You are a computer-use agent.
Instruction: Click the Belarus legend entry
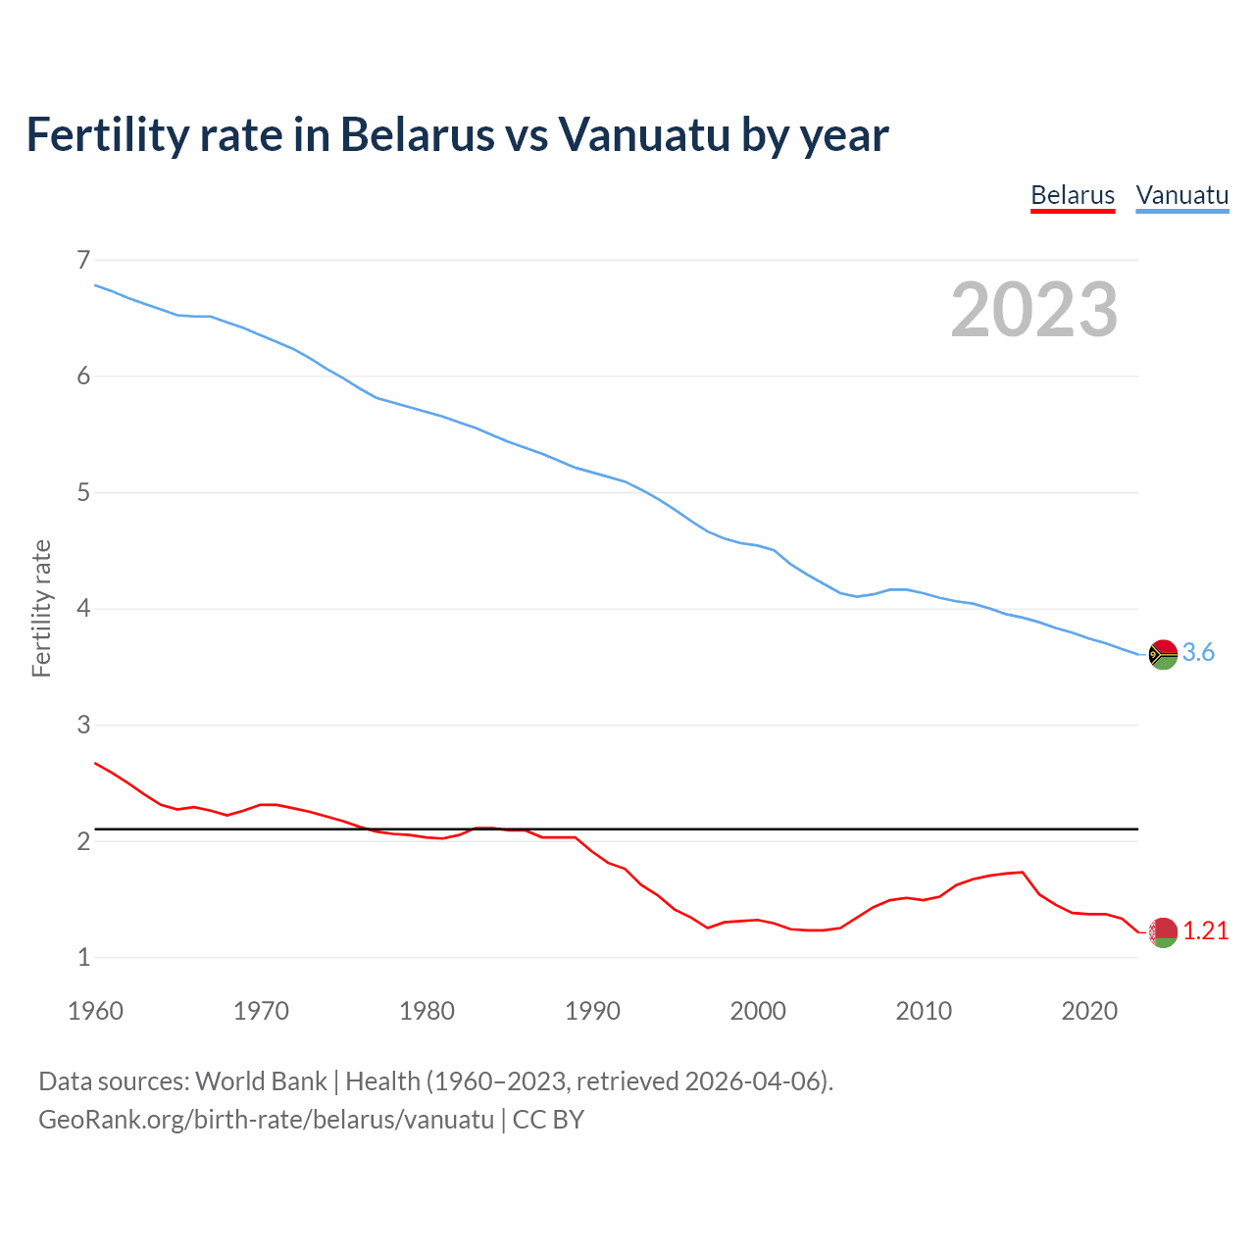(1073, 195)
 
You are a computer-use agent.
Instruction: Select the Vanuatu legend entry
(1181, 195)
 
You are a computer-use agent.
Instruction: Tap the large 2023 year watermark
(1033, 310)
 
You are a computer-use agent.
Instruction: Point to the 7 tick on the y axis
(83, 260)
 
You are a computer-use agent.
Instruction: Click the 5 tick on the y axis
(83, 492)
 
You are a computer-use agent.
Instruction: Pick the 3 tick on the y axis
(83, 725)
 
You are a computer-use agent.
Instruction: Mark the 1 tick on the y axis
(83, 957)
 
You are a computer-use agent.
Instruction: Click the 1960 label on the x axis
(95, 1011)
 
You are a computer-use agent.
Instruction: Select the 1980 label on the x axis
(427, 1011)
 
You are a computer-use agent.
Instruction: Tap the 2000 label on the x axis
(758, 1011)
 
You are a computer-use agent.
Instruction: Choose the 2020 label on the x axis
(1089, 1011)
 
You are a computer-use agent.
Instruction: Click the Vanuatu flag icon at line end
(1163, 654)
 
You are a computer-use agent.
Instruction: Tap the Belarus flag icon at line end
(1163, 932)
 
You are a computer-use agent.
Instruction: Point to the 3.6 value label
(1198, 653)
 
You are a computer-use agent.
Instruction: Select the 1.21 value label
(1205, 931)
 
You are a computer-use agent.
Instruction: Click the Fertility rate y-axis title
(41, 608)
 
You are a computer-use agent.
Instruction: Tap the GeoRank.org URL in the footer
(266, 1120)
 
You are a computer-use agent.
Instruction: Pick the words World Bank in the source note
(261, 1081)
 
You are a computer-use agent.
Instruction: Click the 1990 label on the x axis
(592, 1011)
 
